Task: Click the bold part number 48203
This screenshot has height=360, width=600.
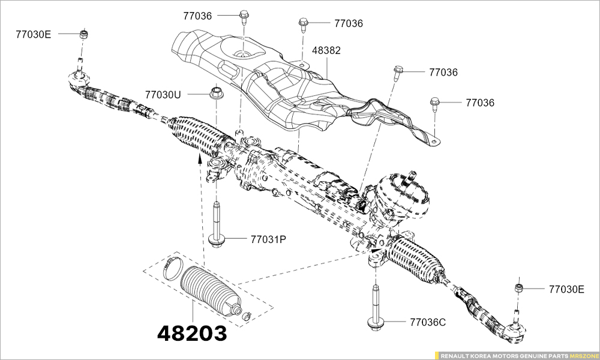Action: click(192, 333)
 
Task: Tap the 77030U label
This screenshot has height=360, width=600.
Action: click(162, 94)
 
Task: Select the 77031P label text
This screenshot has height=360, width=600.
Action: click(269, 239)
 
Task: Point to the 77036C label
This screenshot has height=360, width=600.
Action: click(427, 323)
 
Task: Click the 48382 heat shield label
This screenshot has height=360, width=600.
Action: click(326, 50)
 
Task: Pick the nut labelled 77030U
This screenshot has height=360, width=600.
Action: click(216, 92)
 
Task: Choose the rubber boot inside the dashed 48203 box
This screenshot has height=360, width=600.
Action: click(209, 291)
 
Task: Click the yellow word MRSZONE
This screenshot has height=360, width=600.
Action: click(583, 355)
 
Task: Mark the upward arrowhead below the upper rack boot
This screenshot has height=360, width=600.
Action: click(200, 158)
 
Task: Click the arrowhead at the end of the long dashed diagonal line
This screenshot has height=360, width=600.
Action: click(375, 251)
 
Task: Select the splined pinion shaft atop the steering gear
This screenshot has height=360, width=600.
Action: click(412, 176)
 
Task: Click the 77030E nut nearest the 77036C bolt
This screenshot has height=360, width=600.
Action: click(518, 287)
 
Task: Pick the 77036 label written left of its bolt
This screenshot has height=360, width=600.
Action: click(197, 16)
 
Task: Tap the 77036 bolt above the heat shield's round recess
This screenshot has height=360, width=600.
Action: click(244, 16)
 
